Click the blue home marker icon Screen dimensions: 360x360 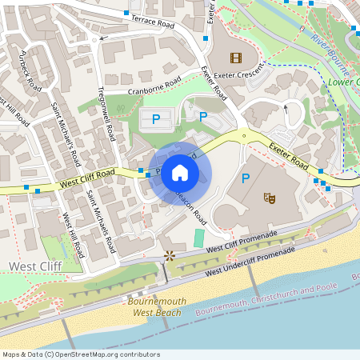coord(180,173)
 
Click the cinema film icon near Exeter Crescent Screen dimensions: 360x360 coord(235,57)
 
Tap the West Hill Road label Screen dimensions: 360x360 coord(73,235)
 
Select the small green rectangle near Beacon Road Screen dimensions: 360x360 coord(198,238)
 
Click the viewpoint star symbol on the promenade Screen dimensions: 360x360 coord(169,256)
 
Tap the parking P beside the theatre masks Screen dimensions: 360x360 coord(246,178)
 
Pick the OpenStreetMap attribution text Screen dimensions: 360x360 coord(81,354)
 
